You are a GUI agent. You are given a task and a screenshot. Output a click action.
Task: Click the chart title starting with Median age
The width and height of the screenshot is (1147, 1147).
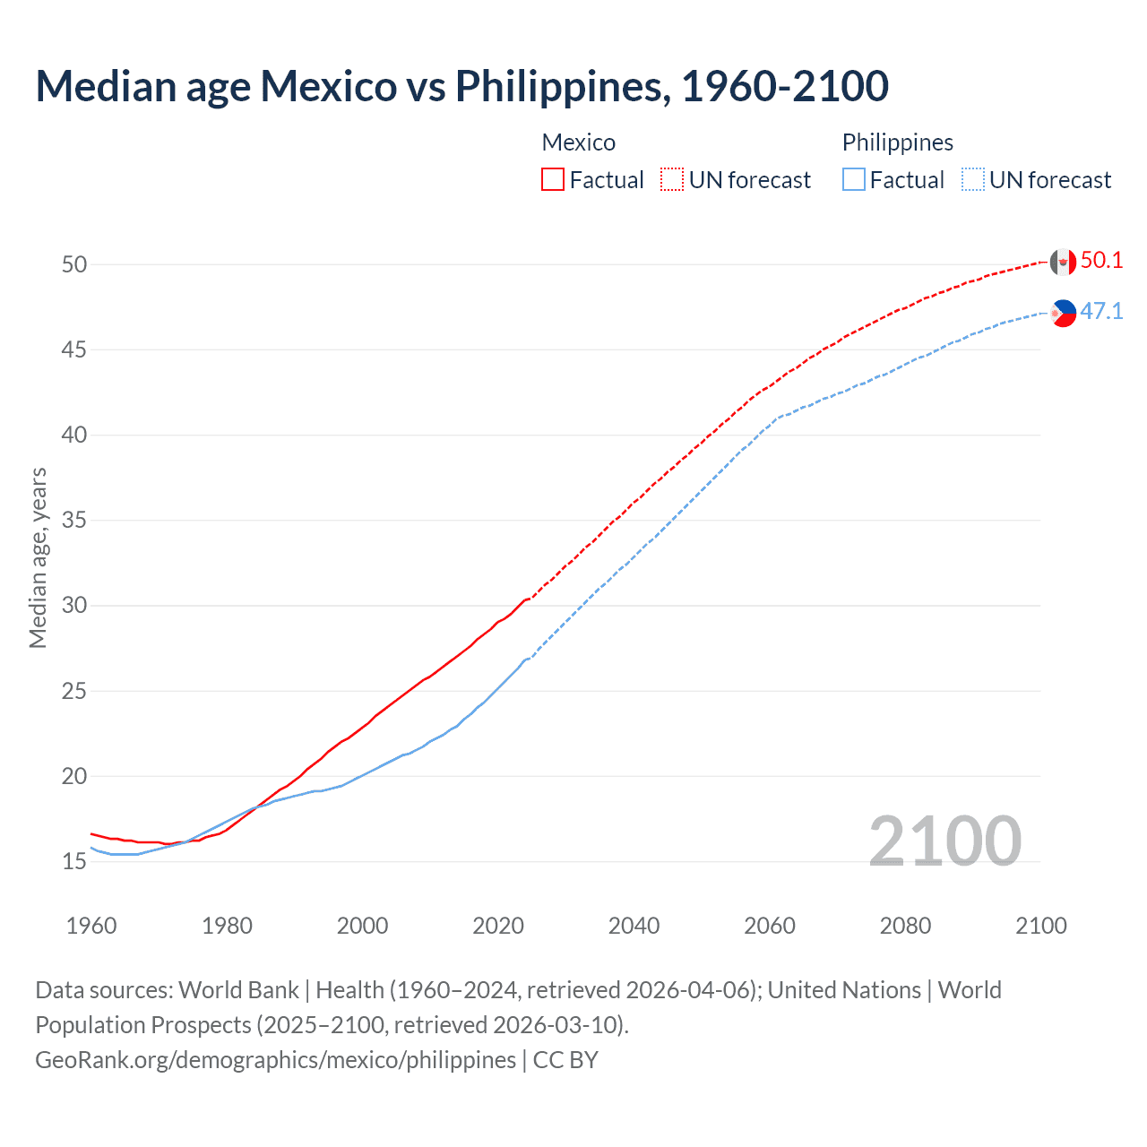point(461,86)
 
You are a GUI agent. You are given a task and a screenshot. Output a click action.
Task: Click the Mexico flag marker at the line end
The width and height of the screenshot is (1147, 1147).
point(1063,262)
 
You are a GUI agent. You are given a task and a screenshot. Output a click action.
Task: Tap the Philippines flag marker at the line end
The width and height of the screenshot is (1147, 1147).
point(1063,313)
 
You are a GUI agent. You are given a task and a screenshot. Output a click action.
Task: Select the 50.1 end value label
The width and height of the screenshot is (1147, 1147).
point(1101,261)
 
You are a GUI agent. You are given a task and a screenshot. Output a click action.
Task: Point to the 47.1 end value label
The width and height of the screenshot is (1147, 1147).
point(1101,312)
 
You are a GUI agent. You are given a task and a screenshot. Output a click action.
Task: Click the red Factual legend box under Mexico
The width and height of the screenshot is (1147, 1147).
point(553,180)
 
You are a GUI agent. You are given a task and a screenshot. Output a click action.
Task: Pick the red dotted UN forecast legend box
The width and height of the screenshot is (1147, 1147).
point(672,180)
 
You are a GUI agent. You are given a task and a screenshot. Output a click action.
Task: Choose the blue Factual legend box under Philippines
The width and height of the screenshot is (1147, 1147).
point(854,180)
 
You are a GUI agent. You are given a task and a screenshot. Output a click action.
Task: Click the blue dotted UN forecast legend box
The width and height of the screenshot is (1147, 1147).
point(973,180)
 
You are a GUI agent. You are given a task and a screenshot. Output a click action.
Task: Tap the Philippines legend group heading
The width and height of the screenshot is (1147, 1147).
point(897,142)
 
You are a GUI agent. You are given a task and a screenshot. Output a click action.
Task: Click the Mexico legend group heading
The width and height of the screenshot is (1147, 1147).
point(578,142)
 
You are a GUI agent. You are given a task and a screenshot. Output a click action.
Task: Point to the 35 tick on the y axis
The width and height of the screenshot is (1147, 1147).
point(74,521)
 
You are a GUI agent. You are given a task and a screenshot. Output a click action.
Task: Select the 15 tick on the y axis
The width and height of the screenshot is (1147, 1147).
point(74,862)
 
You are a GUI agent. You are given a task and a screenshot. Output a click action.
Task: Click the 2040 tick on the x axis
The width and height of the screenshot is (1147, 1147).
point(634,926)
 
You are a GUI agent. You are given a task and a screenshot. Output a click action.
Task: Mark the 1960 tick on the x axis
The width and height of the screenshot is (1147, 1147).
point(91,926)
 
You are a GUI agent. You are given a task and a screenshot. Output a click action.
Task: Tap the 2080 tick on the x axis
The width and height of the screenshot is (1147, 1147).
point(905,926)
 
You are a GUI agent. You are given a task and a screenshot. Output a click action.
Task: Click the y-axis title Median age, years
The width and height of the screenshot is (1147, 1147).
point(38,557)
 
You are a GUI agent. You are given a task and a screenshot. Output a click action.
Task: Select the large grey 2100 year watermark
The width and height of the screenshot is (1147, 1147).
point(944,841)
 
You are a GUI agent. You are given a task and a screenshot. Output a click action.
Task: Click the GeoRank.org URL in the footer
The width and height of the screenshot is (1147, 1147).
point(275,1060)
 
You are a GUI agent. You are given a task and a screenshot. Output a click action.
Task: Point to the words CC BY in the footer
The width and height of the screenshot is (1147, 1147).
point(565,1060)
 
